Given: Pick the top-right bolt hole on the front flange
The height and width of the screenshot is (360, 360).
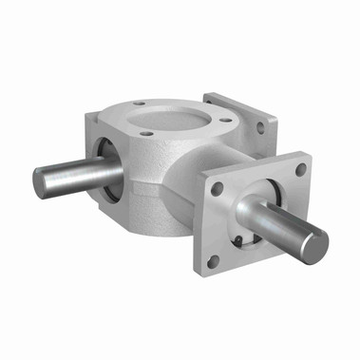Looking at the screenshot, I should tap(300, 170).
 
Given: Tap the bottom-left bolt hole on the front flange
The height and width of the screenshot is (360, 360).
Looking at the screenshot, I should tap(213, 258).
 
